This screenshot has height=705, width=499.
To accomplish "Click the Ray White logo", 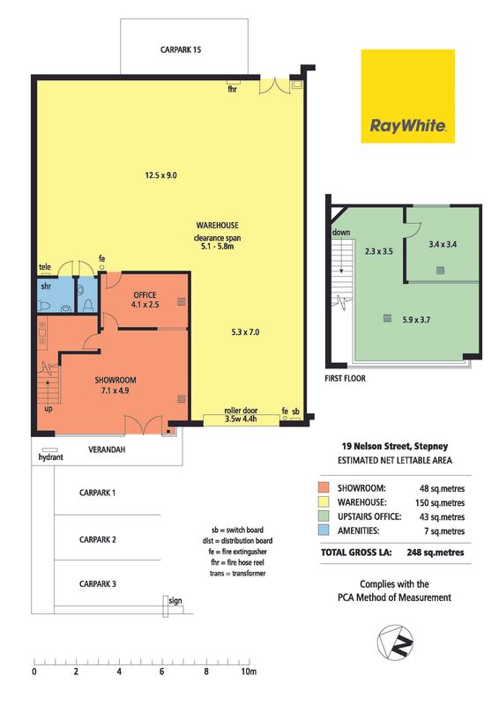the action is pyautogui.click(x=407, y=96).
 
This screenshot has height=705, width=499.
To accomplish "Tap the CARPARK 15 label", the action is pyautogui.click(x=181, y=49).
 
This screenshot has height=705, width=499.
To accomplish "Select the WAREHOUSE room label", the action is pyautogui.click(x=218, y=226).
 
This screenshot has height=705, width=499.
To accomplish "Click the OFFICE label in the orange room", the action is pyautogui.click(x=145, y=295).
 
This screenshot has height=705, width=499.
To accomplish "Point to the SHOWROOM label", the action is pyautogui.click(x=115, y=380).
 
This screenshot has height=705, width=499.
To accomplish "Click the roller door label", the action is pyautogui.click(x=241, y=411).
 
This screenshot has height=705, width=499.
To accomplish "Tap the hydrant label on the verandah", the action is pyautogui.click(x=50, y=457).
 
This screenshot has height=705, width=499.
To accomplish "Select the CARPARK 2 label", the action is pyautogui.click(x=98, y=539).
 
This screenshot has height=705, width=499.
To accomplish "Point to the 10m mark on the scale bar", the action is pyautogui.click(x=249, y=672).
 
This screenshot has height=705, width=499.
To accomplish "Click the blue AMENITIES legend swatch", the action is pyautogui.click(x=324, y=531).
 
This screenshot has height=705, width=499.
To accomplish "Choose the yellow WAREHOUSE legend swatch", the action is pyautogui.click(x=324, y=502).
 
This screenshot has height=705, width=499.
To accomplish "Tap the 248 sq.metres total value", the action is pyautogui.click(x=436, y=553).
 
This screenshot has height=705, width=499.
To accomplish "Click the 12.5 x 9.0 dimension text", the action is pyautogui.click(x=160, y=175).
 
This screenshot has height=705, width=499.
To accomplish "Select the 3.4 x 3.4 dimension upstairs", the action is pyautogui.click(x=443, y=245).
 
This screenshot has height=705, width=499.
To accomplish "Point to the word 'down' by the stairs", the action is pyautogui.click(x=341, y=233).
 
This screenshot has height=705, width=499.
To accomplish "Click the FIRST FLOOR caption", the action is pyautogui.click(x=345, y=379).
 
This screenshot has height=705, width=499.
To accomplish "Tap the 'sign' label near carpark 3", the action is pyautogui.click(x=175, y=601).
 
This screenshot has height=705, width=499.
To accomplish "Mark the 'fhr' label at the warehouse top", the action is pyautogui.click(x=232, y=89).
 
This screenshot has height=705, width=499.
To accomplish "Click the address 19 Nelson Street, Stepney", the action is pyautogui.click(x=395, y=446).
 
